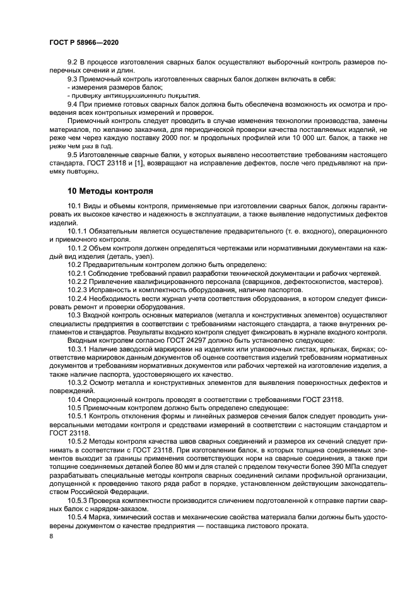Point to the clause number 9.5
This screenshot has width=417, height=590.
pyautogui.click(x=73, y=155)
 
